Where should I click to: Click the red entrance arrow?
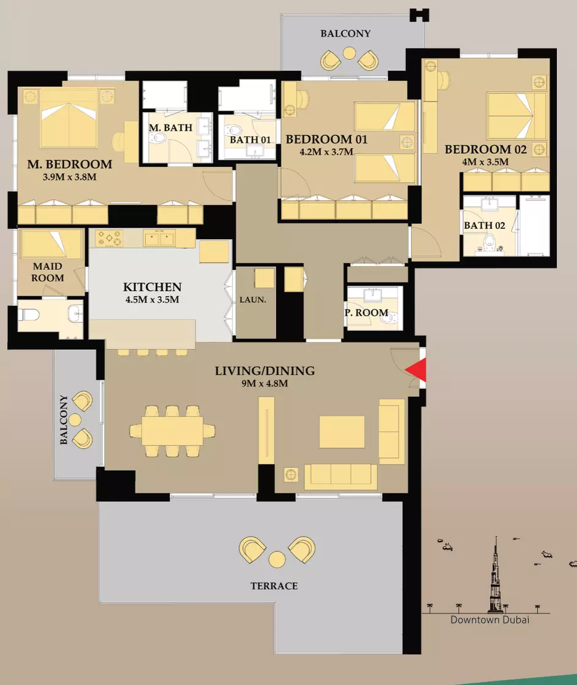pyautogui.click(x=416, y=370)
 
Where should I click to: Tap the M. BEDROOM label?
pyautogui.click(x=70, y=164)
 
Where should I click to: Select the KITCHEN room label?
pyautogui.click(x=152, y=287)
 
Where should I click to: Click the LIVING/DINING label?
pyautogui.click(x=265, y=371)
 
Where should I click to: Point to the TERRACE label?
pyautogui.click(x=274, y=586)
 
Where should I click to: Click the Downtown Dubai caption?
pyautogui.click(x=490, y=620)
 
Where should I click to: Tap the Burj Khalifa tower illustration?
pyautogui.click(x=496, y=574)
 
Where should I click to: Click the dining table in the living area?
pyautogui.click(x=172, y=431)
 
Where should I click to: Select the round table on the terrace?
pyautogui.click(x=277, y=559)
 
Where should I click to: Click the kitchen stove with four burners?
pyautogui.click(x=109, y=239)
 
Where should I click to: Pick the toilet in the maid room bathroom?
pyautogui.click(x=29, y=314)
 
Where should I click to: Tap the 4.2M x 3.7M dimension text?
pyautogui.click(x=326, y=152)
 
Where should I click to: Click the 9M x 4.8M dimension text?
pyautogui.click(x=265, y=383)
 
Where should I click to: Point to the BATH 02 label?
pyautogui.click(x=484, y=225)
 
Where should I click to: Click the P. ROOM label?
pyautogui.click(x=367, y=313)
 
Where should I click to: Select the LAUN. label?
pyautogui.click(x=253, y=300)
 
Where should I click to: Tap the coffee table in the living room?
pyautogui.click(x=342, y=432)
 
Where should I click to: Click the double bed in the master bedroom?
pyautogui.click(x=68, y=118)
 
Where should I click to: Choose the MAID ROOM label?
pyautogui.click(x=48, y=272)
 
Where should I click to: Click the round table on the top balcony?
pyautogui.click(x=349, y=53)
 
